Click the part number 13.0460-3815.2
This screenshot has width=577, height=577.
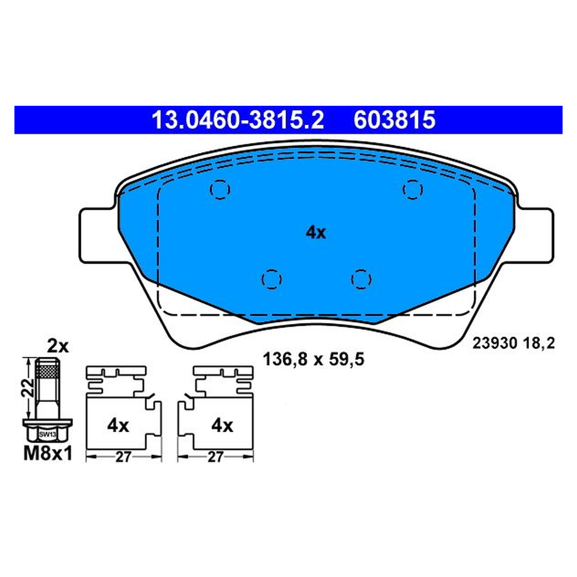[238, 120]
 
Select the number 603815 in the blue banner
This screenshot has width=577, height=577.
[394, 120]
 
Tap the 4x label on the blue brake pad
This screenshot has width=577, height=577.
[315, 233]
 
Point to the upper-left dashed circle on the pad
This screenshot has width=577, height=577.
[220, 189]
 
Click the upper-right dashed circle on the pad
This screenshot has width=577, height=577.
[413, 189]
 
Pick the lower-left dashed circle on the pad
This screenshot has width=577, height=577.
[272, 279]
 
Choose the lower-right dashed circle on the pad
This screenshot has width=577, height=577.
[361, 279]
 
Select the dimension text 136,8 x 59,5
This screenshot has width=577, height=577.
[314, 359]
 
